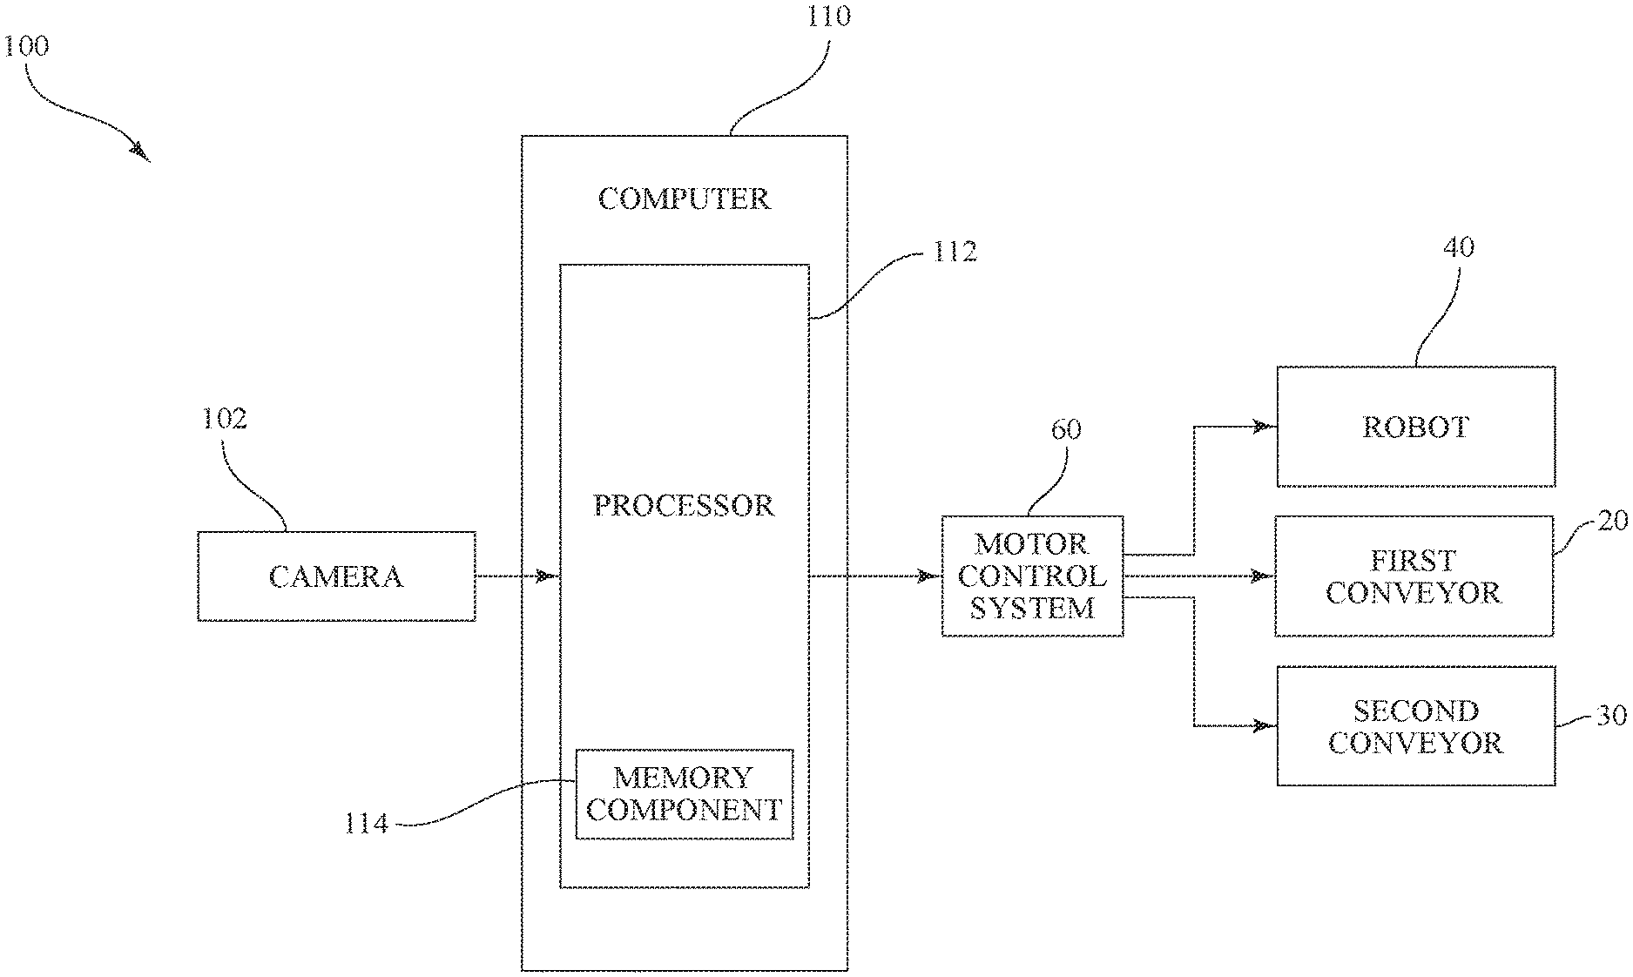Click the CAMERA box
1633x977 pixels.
336,576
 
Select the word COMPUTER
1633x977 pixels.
684,199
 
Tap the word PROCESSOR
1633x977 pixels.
684,506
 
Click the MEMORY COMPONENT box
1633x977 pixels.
685,794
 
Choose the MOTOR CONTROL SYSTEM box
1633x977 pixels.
1032,576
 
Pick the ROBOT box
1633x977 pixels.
1415,427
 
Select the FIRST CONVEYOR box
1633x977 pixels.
1414,576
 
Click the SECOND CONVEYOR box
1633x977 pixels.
1415,726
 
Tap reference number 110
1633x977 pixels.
828,17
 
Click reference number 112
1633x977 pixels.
955,253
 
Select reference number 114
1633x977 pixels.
366,823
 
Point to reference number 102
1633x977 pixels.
225,419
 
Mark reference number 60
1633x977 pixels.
1066,429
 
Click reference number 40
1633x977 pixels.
1459,247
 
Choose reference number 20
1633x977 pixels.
1613,521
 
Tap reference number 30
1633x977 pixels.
1611,716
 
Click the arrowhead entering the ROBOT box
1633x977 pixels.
1260,427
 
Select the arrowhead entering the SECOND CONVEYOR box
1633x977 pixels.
1260,725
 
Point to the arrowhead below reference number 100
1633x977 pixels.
139,152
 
